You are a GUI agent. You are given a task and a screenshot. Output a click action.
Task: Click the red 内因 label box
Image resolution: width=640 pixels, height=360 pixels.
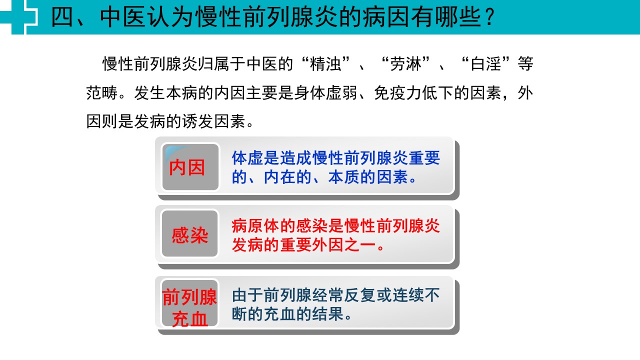click(x=190, y=167)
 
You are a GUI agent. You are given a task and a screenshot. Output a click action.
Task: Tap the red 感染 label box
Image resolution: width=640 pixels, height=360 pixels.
click(x=189, y=233)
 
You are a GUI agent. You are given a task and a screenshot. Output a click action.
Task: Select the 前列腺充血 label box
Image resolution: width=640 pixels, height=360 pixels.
click(x=189, y=303)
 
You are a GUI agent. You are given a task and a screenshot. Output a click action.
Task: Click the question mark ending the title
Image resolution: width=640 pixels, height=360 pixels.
click(x=489, y=17)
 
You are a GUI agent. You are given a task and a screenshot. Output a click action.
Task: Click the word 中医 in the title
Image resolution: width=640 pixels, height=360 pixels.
click(x=123, y=17)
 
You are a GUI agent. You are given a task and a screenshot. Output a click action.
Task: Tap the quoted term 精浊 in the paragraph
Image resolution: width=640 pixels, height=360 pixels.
click(x=325, y=64)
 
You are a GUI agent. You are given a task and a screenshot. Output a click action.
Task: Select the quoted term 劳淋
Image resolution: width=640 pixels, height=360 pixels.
click(x=405, y=64)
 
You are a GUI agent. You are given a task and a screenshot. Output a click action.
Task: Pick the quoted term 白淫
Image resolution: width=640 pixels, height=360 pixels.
click(x=486, y=64)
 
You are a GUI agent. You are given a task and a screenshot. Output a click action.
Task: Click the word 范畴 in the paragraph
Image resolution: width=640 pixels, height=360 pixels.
click(x=102, y=93)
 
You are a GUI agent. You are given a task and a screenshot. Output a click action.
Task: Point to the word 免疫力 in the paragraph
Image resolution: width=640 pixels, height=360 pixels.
click(x=397, y=93)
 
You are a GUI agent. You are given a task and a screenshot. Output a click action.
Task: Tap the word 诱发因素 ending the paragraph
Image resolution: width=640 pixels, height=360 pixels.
click(x=214, y=121)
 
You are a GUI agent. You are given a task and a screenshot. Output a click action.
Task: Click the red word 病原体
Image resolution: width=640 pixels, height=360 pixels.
click(x=255, y=226)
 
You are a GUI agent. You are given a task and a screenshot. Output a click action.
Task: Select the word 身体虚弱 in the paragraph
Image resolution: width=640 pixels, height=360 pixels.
click(x=325, y=93)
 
